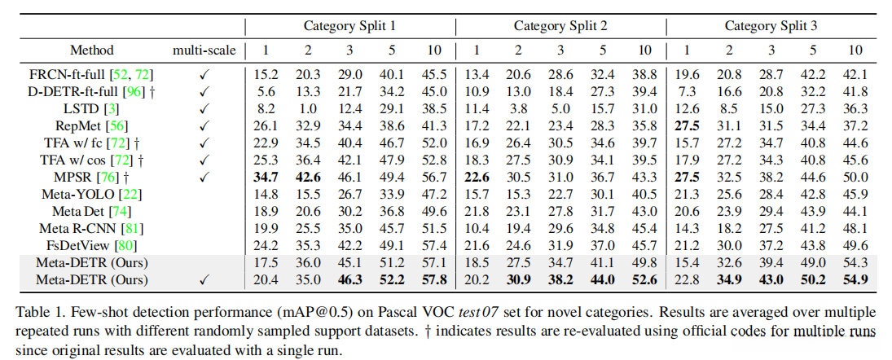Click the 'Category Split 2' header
560,26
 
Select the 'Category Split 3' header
771,26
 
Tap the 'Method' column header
92,50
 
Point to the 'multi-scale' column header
204,50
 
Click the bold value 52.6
644,280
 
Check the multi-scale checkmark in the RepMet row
204,125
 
